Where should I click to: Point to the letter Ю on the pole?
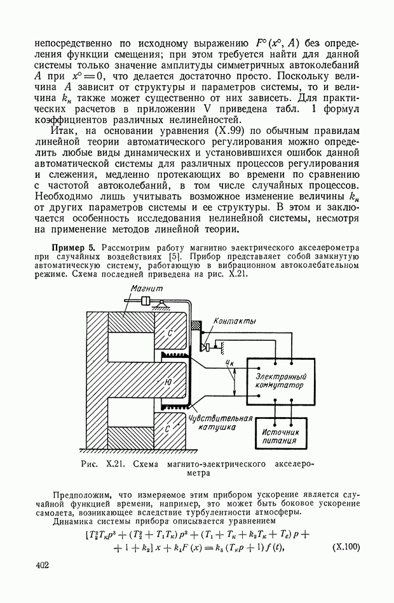(168, 382)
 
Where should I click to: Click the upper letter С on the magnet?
(170, 332)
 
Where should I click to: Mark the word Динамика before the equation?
(75, 522)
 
